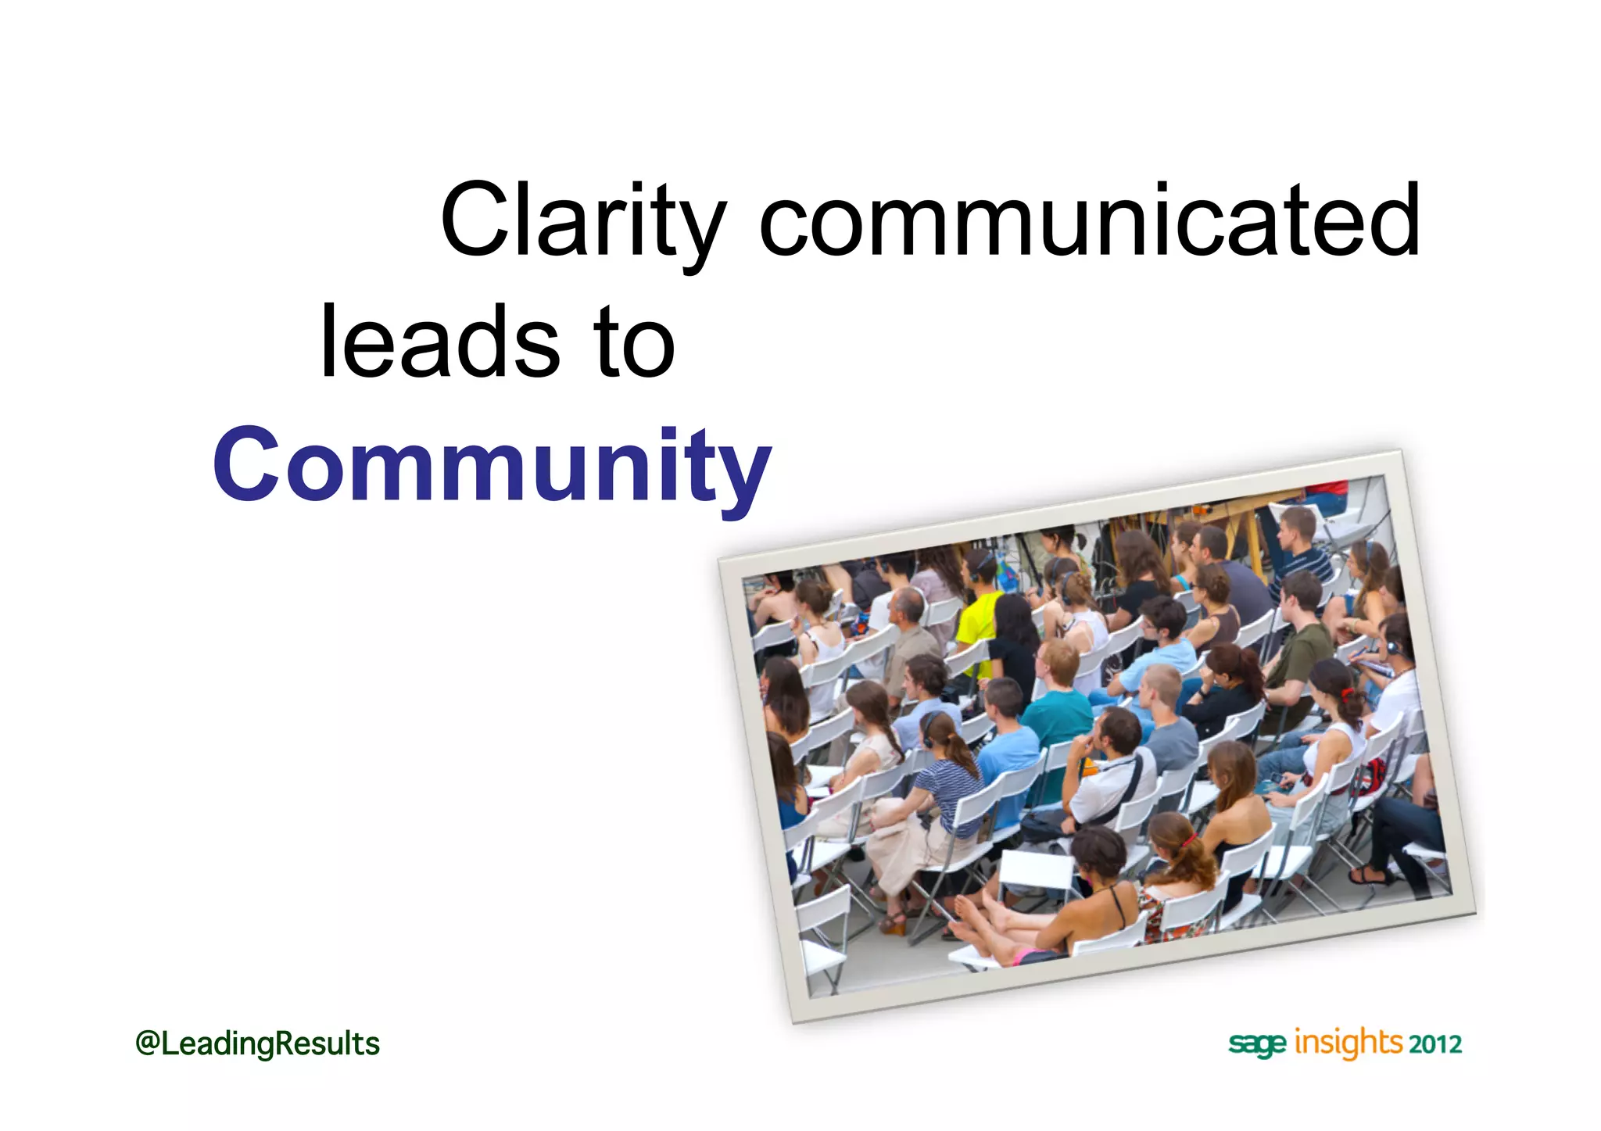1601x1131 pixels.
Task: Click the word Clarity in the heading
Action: point(582,220)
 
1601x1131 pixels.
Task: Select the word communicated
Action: point(1089,220)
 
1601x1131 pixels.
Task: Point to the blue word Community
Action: point(492,466)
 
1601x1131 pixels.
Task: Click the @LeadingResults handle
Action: point(257,1044)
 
